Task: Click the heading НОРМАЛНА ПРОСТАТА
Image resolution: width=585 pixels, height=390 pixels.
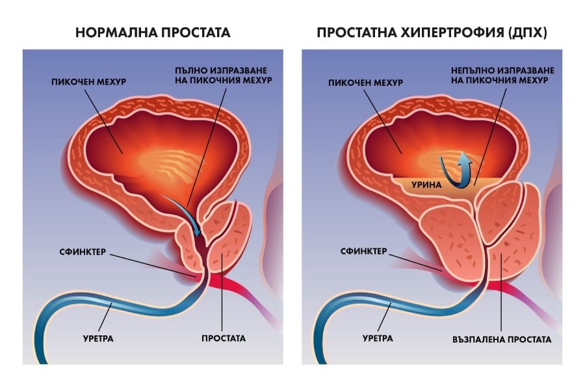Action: tap(153, 32)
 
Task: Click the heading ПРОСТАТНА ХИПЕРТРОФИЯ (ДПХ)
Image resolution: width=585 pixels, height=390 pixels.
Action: tap(432, 33)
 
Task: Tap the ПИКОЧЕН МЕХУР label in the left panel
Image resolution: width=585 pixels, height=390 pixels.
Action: tap(89, 82)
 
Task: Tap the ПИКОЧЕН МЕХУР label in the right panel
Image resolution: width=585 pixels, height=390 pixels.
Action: tap(365, 83)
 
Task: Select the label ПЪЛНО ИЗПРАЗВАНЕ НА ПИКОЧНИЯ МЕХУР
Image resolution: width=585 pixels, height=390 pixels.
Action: tap(223, 75)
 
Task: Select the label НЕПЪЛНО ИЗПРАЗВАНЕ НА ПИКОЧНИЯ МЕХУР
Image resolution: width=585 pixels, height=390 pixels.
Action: tap(502, 75)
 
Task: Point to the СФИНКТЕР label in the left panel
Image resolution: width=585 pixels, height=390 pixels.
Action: tap(83, 252)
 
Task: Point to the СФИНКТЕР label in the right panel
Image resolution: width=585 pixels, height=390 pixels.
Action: tap(364, 252)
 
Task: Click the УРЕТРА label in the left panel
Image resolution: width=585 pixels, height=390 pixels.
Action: tap(98, 339)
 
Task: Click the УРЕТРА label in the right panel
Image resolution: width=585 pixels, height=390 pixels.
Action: tap(378, 339)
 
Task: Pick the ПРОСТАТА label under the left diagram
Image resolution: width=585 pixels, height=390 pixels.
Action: tap(224, 339)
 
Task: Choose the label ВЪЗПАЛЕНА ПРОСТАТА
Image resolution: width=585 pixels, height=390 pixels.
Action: tap(502, 339)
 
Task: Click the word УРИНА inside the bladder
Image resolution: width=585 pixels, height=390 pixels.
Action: tap(426, 185)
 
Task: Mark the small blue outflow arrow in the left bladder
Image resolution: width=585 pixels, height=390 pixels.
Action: tap(182, 214)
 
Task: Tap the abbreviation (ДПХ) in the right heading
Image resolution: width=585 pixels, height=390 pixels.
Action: tap(527, 33)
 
